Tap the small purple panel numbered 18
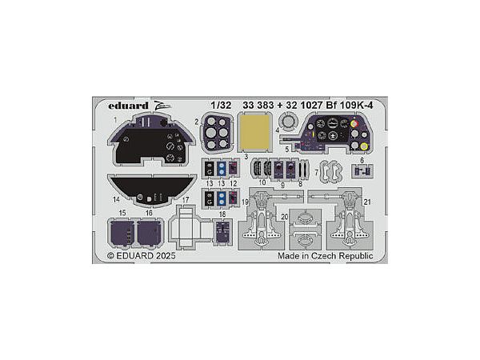[224, 232]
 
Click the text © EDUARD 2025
[141, 256]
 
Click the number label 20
[284, 216]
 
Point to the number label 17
[185, 199]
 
